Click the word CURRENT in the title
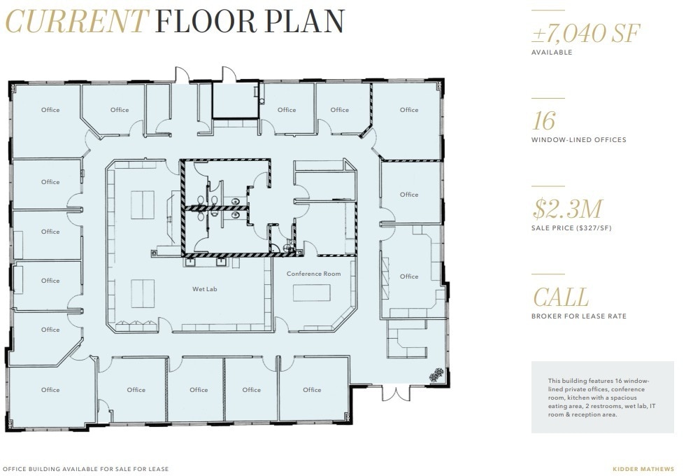[x=77, y=22]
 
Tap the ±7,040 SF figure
[x=586, y=33]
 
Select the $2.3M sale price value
[x=567, y=209]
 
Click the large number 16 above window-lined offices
[x=543, y=121]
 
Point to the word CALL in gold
[x=561, y=297]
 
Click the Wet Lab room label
[x=205, y=289]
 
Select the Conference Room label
[x=313, y=274]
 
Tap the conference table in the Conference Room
[x=311, y=292]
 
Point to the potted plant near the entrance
[x=436, y=375]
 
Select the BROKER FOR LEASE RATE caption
[x=578, y=316]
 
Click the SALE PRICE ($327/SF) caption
[x=571, y=228]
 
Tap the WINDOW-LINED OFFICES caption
[x=578, y=140]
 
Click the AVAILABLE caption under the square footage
[x=552, y=52]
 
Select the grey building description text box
[x=602, y=397]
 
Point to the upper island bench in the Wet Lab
[x=143, y=204]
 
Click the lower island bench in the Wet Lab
[x=143, y=293]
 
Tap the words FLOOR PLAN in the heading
[x=250, y=22]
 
